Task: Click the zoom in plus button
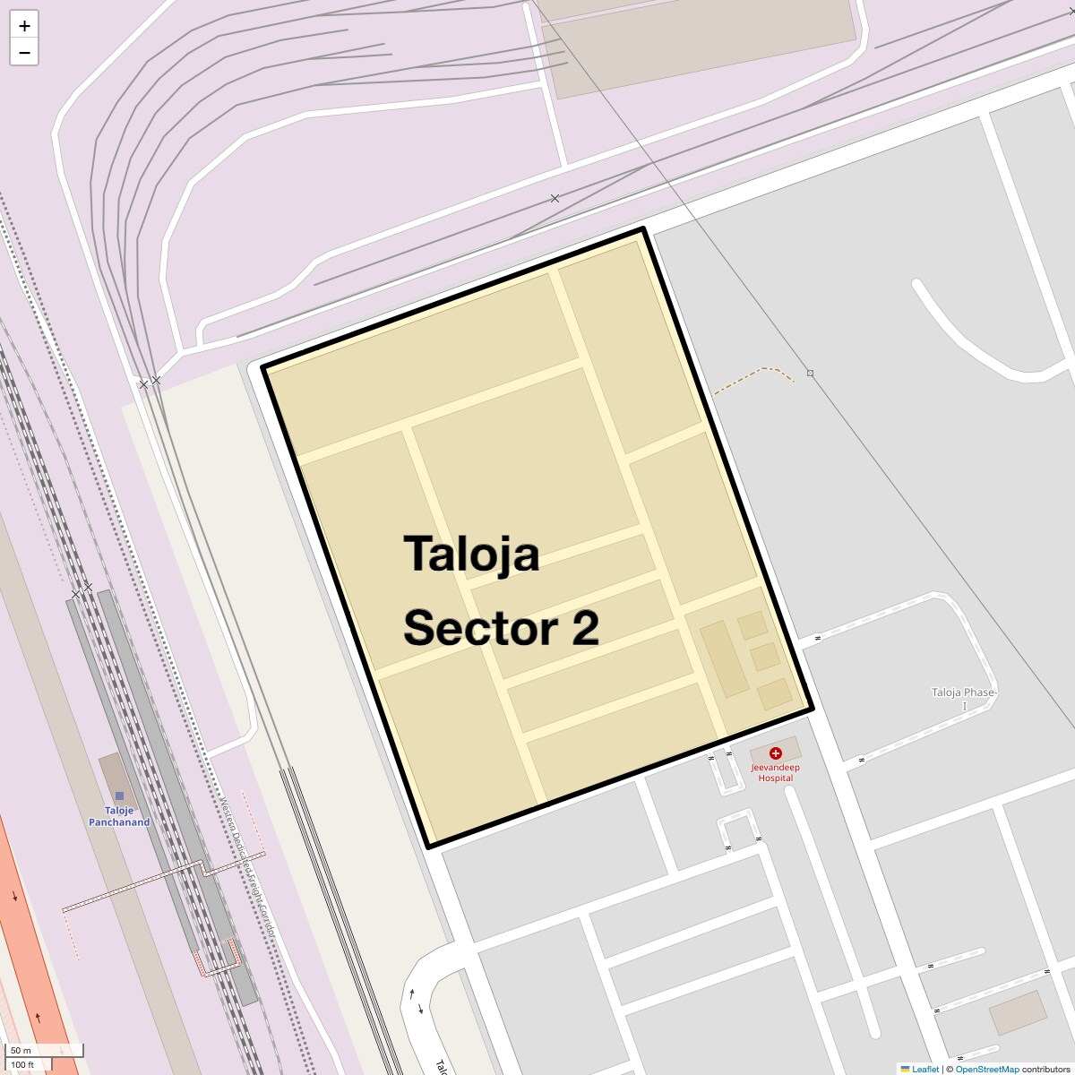pos(24,26)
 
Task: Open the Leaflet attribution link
pos(924,1069)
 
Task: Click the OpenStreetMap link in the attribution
pos(986,1069)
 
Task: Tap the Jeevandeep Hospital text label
pos(775,772)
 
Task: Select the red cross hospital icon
pos(776,753)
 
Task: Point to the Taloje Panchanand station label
pos(119,816)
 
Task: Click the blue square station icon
pos(119,795)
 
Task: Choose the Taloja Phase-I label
pos(963,699)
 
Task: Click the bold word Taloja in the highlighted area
pos(471,553)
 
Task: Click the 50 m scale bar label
pos(21,1050)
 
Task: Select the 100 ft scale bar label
pos(23,1065)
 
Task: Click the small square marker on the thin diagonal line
pos(810,373)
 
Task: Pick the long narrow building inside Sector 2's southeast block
pos(724,658)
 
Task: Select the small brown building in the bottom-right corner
pos(1018,1012)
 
